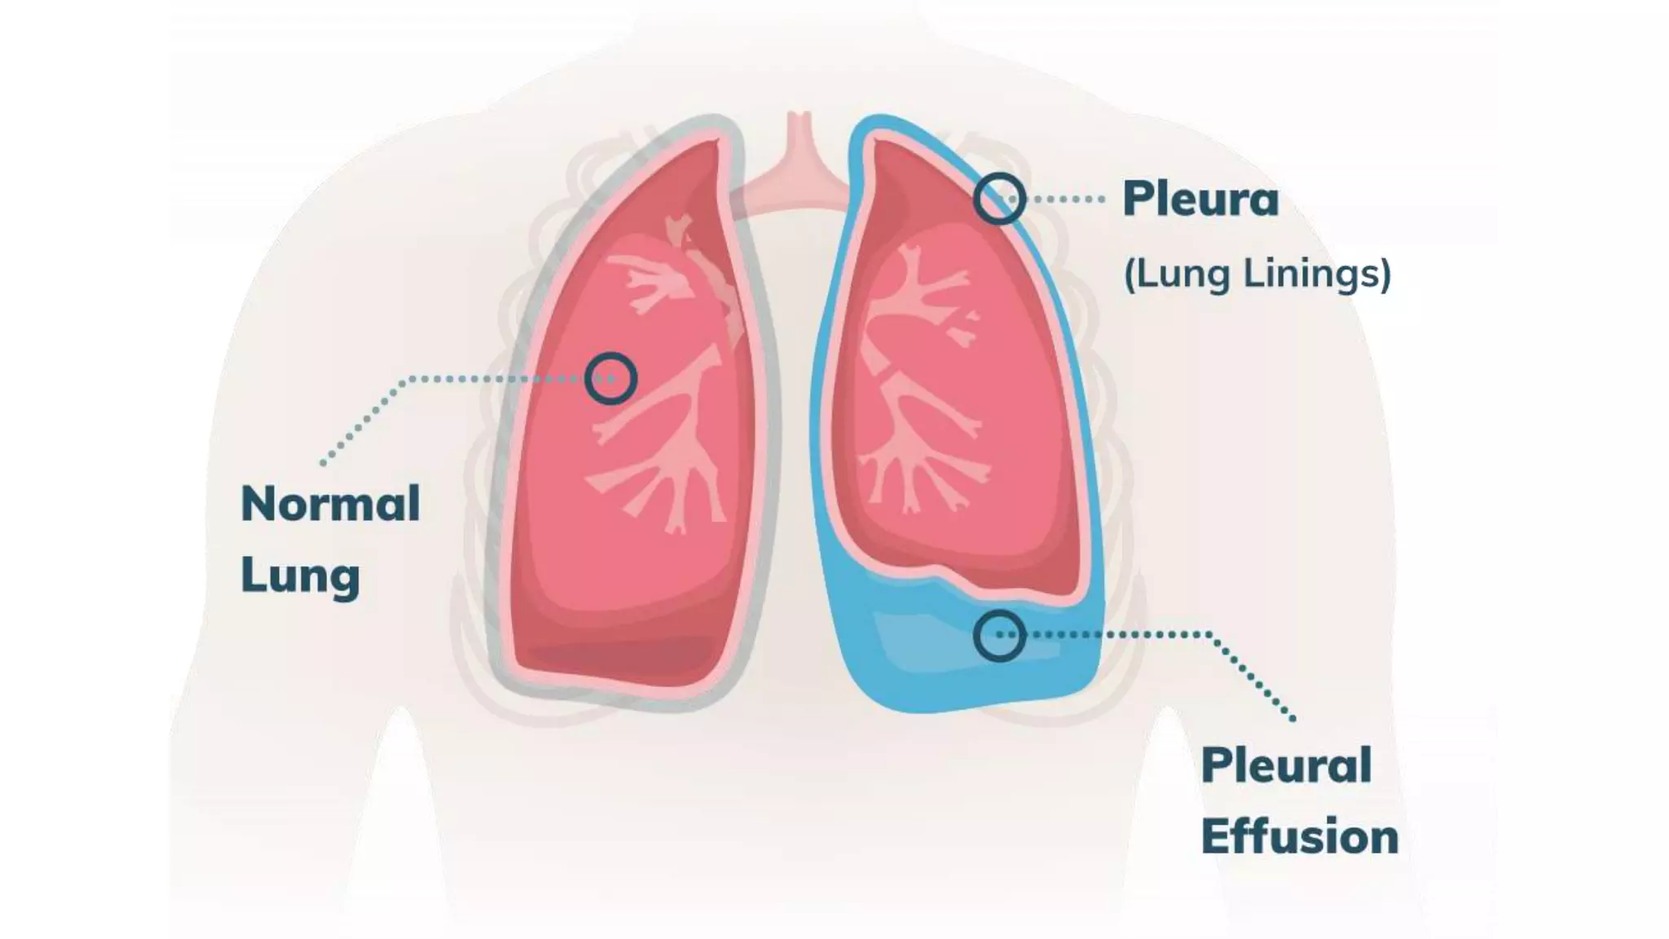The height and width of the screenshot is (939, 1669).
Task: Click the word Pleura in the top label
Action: pos(1200,199)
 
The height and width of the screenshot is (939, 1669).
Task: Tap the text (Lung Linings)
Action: pos(1257,273)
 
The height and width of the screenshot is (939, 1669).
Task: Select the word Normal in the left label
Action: pos(330,504)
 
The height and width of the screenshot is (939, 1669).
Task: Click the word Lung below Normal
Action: pos(300,575)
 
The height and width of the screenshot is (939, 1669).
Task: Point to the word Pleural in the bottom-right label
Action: pos(1286,765)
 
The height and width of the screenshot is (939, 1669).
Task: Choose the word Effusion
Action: pos(1299,837)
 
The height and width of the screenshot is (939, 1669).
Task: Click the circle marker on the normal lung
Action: pos(610,378)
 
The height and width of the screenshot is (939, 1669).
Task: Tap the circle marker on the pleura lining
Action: pos(999,198)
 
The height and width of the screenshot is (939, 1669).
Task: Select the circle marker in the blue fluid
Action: pos(999,635)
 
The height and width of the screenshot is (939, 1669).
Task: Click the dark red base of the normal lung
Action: pos(619,656)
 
